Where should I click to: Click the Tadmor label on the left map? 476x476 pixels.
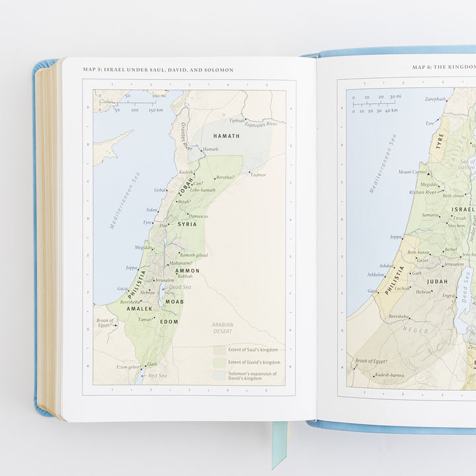(258, 175)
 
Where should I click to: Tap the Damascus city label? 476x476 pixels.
(198, 216)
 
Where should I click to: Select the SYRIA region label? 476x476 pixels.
(187, 225)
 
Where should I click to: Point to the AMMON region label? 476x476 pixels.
(187, 271)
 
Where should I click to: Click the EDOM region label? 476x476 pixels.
(169, 321)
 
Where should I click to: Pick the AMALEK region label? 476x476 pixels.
(139, 309)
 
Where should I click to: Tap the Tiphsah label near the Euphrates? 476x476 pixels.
(236, 120)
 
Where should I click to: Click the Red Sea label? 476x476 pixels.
(157, 376)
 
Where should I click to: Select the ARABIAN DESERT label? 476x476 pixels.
(222, 327)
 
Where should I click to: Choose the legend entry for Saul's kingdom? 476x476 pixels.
(254, 350)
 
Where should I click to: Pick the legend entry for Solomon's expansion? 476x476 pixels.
(254, 376)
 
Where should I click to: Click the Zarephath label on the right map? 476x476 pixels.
(435, 99)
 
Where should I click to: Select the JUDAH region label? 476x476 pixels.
(437, 281)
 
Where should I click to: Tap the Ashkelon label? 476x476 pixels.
(376, 274)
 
